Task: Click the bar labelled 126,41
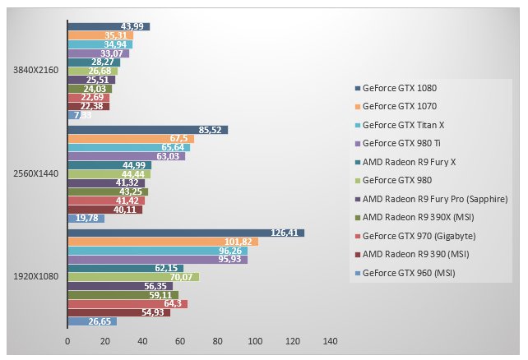185,233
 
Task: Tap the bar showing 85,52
147,130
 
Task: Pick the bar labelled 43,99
108,27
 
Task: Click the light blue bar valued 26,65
92,321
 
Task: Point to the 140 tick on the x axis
331,340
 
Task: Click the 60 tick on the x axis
180,340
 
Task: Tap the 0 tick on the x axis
67,340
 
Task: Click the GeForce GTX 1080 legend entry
400,88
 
